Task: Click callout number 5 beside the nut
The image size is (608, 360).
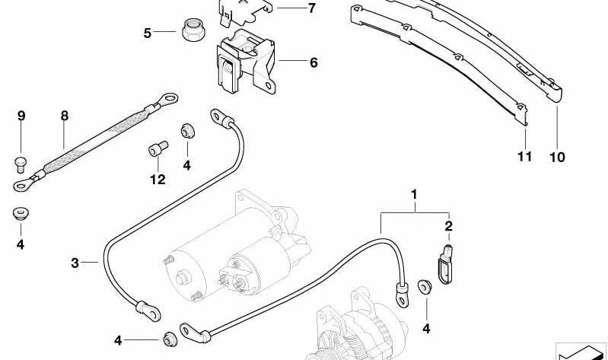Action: pyautogui.click(x=148, y=33)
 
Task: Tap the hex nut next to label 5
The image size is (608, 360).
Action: pyautogui.click(x=189, y=32)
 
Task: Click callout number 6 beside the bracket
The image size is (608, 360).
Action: pyautogui.click(x=313, y=62)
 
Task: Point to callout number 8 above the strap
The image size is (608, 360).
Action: pyautogui.click(x=65, y=116)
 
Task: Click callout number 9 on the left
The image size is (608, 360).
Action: pyautogui.click(x=21, y=116)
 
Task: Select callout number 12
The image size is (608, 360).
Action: pyautogui.click(x=157, y=180)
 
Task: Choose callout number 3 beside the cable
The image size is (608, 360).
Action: pyautogui.click(x=75, y=263)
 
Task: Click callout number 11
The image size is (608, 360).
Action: pyautogui.click(x=524, y=157)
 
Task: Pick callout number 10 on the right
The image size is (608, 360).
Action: pyautogui.click(x=557, y=157)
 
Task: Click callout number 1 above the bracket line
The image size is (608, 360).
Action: pyautogui.click(x=415, y=196)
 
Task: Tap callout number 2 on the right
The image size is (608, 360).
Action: pyautogui.click(x=448, y=226)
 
